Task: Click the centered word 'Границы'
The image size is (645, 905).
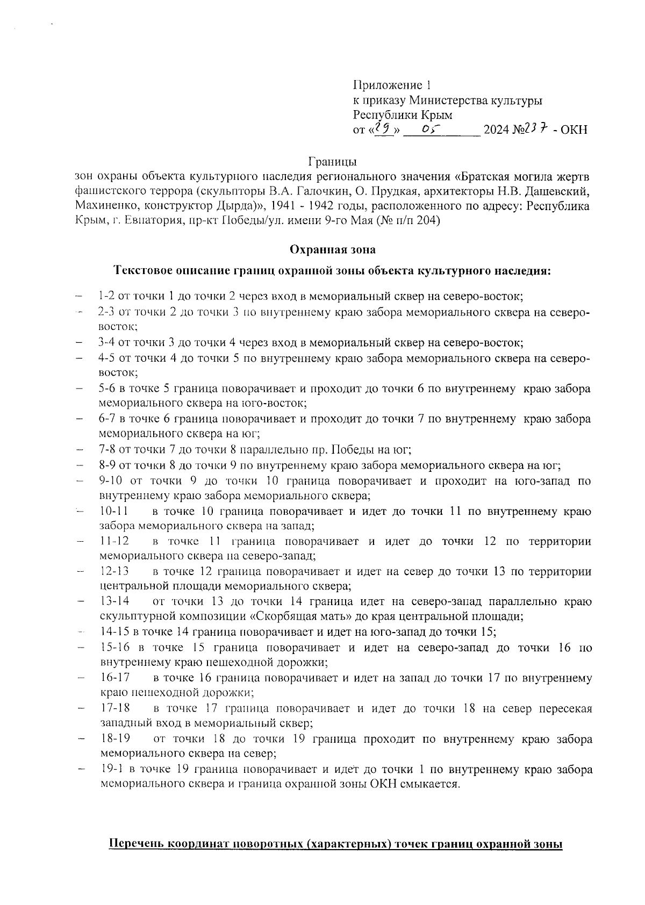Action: click(x=333, y=161)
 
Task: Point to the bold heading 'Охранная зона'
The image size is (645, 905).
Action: click(x=333, y=249)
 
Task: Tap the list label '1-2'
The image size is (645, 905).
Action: click(x=106, y=296)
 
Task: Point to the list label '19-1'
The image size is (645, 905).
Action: click(x=111, y=769)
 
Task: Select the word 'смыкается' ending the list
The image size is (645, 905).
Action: click(x=433, y=784)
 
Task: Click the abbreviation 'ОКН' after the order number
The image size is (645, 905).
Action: click(x=574, y=130)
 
